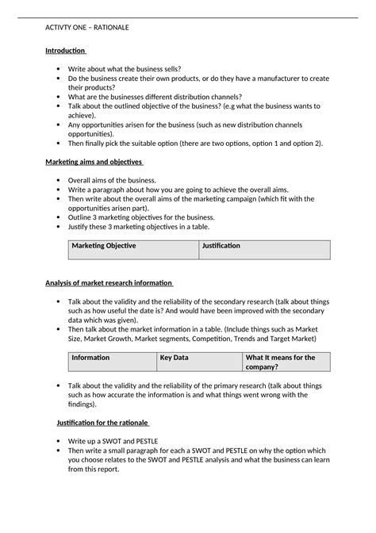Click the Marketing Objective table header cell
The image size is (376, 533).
104,246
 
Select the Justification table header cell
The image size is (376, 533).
221,246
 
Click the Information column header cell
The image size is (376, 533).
91,358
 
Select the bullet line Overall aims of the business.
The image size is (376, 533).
112,181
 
